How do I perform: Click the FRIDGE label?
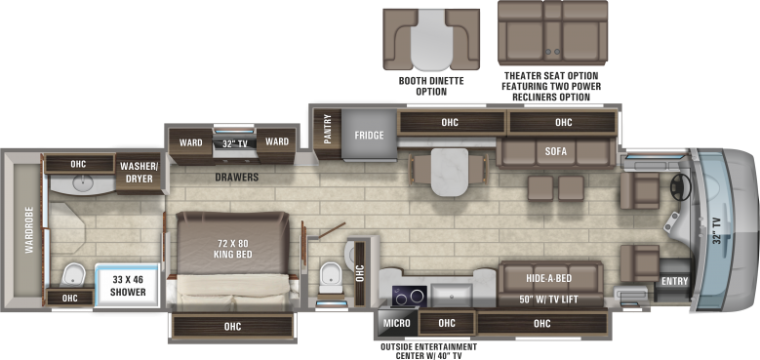coord(369,135)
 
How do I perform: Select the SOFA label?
coord(556,151)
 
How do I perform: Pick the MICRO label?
coord(396,323)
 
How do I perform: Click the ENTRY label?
coord(673,282)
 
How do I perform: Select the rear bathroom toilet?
coord(71,274)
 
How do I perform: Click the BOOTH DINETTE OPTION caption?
coord(430,86)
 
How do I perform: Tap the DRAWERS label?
coord(237,178)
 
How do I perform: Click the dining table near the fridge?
coord(450,171)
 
